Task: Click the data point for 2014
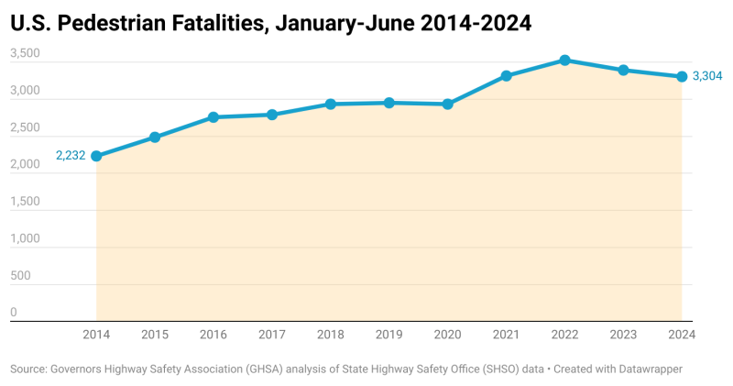96,156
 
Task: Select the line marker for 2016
213,116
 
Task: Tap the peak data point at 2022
564,60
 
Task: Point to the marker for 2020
448,104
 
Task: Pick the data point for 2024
682,76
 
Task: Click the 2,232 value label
71,156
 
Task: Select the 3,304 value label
707,76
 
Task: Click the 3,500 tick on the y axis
25,54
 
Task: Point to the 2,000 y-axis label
25,165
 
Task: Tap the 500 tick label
20,276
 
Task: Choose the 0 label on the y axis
14,313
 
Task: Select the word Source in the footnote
28,368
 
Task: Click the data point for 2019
389,103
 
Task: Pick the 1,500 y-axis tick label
25,202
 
